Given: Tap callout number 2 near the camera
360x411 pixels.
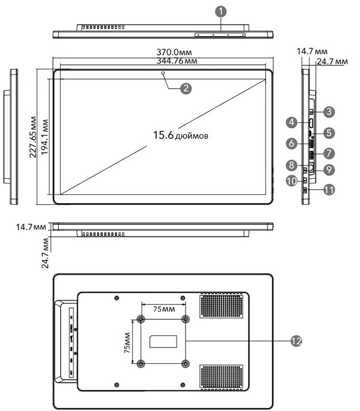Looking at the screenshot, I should pyautogui.click(x=185, y=88).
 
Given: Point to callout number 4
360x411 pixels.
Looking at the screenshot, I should pyautogui.click(x=292, y=122).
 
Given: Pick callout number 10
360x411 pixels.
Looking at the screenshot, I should pyautogui.click(x=292, y=180).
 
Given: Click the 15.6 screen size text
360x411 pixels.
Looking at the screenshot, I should pyautogui.click(x=180, y=135).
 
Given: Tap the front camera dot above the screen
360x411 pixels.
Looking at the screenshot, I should pyautogui.click(x=163, y=74).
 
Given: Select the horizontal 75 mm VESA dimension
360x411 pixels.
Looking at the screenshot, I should pyautogui.click(x=163, y=308).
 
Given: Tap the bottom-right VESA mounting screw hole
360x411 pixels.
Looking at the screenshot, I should pyautogui.click(x=186, y=363).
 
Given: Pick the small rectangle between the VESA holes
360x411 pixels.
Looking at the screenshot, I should pyautogui.click(x=163, y=341).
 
